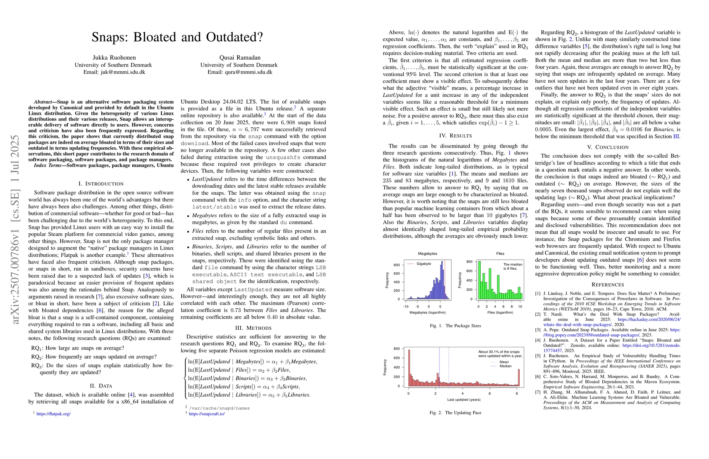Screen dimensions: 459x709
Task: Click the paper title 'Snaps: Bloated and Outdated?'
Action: pyautogui.click(x=177, y=37)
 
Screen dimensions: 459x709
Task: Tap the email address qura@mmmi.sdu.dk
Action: pyautogui.click(x=240, y=72)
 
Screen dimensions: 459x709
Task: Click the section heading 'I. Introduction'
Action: pyautogui.click(x=101, y=184)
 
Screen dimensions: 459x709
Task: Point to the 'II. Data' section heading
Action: pyautogui.click(x=101, y=386)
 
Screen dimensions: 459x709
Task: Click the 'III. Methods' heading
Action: pyautogui.click(x=253, y=328)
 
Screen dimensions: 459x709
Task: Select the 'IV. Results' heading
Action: pyautogui.click(x=455, y=136)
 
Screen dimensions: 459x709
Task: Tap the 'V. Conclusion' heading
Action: pyautogui.click(x=608, y=147)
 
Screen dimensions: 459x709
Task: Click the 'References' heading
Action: pyautogui.click(x=608, y=285)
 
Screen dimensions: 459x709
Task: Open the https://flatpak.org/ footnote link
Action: pyautogui.click(x=54, y=413)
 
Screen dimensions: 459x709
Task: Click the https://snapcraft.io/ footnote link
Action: pyautogui.click(x=207, y=413)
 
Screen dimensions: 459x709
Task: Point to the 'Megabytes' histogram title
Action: pyautogui.click(x=428, y=254)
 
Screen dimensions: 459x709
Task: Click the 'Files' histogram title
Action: pyautogui.click(x=500, y=254)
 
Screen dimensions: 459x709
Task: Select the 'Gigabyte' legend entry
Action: pyautogui.click(x=424, y=264)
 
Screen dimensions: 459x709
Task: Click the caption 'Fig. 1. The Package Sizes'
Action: pyautogui.click(x=455, y=326)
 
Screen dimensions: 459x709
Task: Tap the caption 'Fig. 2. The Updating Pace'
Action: pyautogui.click(x=455, y=413)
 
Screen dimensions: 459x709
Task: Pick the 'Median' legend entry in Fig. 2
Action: pyautogui.click(x=505, y=366)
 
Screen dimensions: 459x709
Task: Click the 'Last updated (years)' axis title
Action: pyautogui.click(x=463, y=400)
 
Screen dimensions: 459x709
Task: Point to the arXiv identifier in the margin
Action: pyautogui.click(x=16, y=229)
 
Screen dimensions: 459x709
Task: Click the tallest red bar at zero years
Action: pyautogui.click(x=409, y=367)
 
